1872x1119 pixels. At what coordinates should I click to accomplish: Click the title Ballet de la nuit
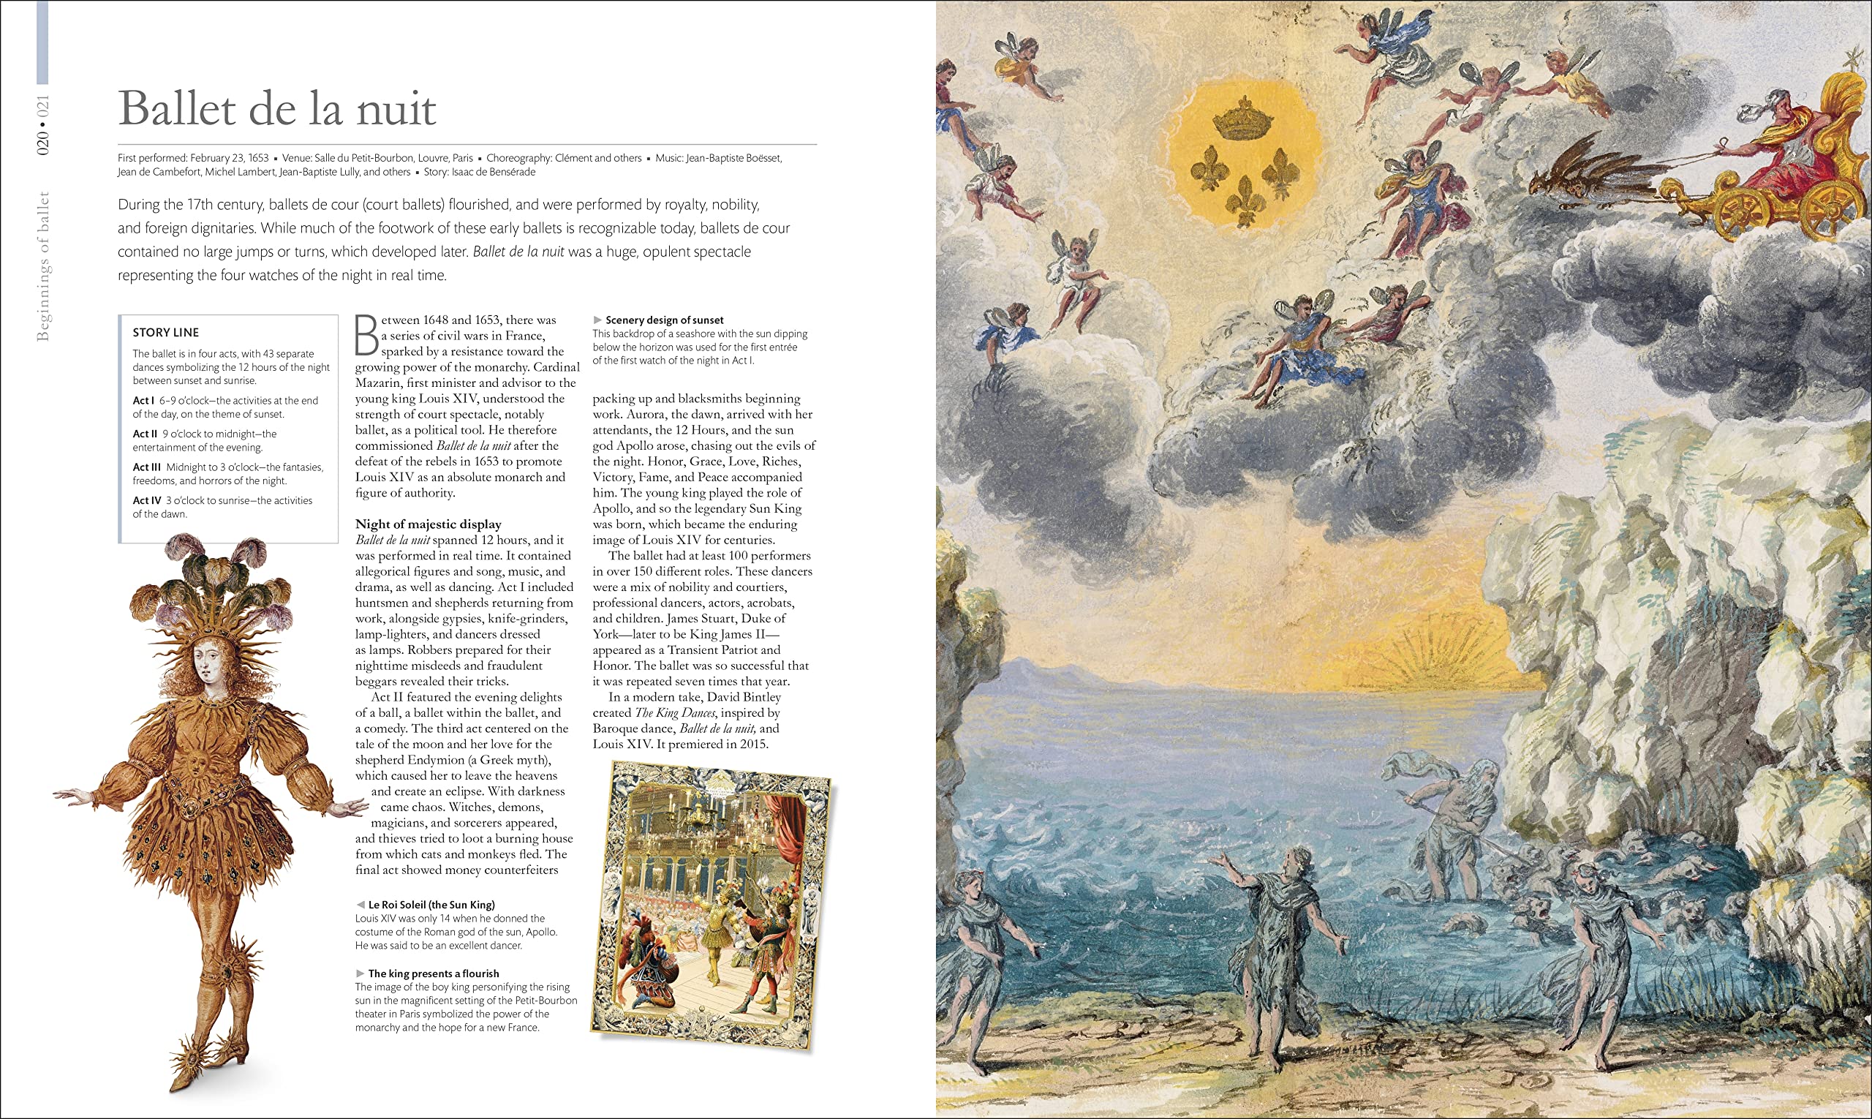276,108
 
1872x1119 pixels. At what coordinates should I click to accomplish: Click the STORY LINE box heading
166,333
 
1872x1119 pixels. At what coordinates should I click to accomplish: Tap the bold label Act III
147,467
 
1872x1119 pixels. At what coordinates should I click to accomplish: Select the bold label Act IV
147,501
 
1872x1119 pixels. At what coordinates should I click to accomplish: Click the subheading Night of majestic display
429,524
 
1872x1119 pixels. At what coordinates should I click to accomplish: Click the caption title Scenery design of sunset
664,320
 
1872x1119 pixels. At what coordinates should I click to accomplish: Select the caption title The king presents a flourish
434,973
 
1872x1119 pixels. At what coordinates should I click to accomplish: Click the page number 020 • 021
43,125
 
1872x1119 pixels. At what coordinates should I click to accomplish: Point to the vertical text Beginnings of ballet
43,265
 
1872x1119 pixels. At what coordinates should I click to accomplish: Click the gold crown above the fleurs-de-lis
1242,121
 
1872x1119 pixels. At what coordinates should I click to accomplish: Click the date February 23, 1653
229,159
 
